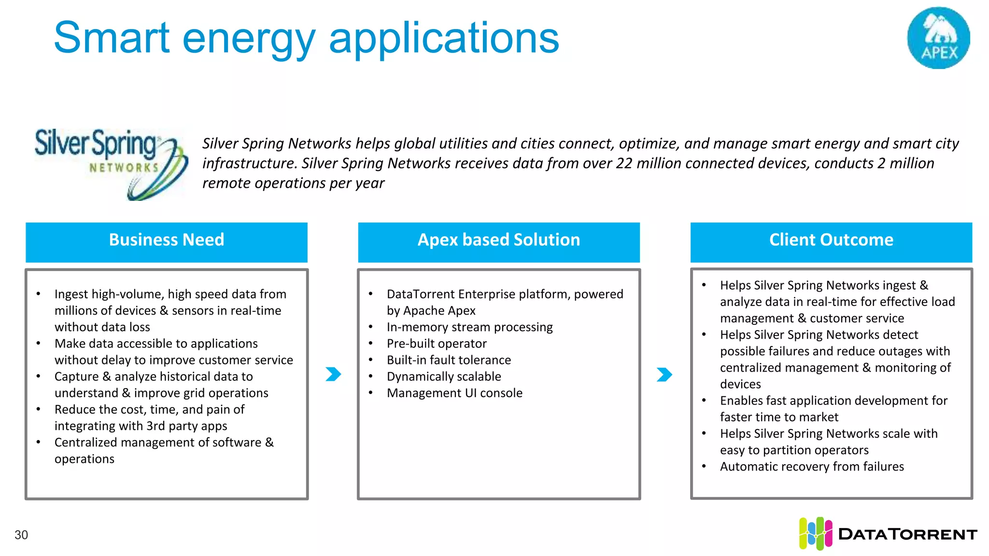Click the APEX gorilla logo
pos(938,38)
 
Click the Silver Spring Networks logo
pos(111,164)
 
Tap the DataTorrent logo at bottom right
pos(888,533)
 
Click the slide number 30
pos(21,535)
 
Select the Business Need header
pos(166,240)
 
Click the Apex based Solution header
pos(498,240)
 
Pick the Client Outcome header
pos(831,240)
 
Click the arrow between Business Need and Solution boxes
pos(333,374)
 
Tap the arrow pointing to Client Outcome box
pos(664,374)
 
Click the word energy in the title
pos(249,39)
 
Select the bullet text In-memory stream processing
pos(469,327)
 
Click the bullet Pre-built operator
pos(437,344)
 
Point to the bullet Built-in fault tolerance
pos(449,360)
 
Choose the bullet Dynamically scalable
pos(444,376)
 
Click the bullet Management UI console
pos(454,393)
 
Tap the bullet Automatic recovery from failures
pos(812,467)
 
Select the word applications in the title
pos(443,39)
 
